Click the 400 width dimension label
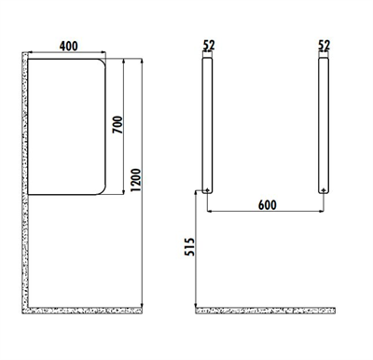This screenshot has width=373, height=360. pos(67,45)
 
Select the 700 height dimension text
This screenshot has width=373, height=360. pos(117,125)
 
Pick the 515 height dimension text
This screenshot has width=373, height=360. pos(188,250)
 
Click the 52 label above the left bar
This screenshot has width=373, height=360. pos(207,44)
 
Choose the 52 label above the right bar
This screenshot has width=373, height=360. pos(324,44)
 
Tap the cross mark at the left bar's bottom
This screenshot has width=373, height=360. pos(207,190)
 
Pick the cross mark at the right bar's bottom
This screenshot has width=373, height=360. pos(324,190)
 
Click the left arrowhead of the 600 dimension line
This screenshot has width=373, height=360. pos(210,212)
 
